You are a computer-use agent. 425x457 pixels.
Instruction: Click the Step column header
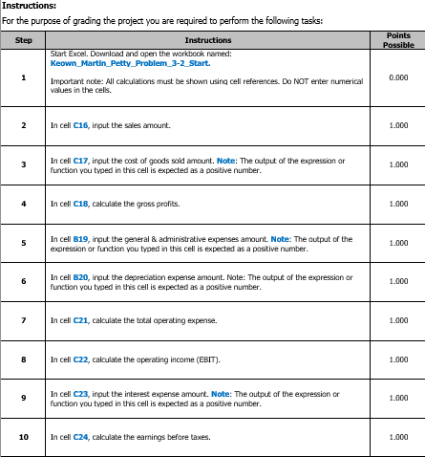(x=24, y=40)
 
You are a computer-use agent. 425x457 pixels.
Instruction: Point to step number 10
(x=24, y=437)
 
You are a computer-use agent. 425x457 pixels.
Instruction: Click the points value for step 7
(x=398, y=319)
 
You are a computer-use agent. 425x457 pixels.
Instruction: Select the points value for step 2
(x=398, y=125)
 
